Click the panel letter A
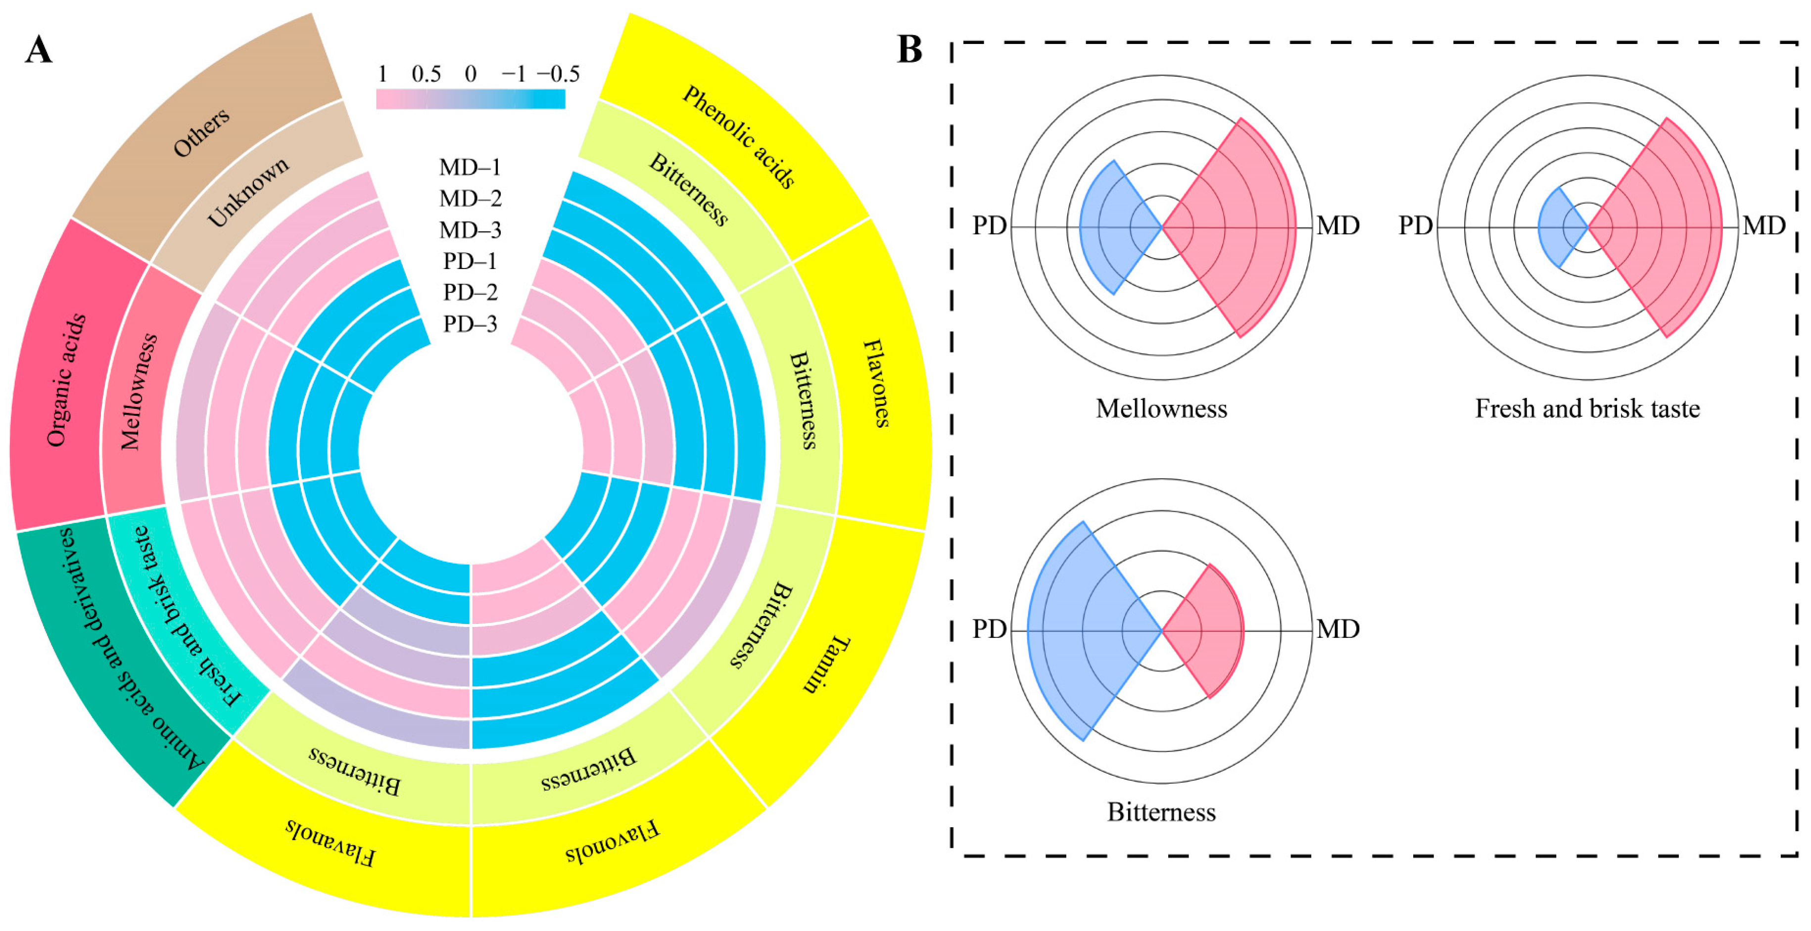point(39,50)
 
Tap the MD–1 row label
point(470,167)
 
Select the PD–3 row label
point(470,324)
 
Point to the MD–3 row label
point(470,230)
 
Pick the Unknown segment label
point(247,191)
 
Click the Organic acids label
point(66,379)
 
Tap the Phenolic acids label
point(739,137)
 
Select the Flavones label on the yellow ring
point(876,383)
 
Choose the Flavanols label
point(331,842)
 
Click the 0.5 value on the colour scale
point(426,74)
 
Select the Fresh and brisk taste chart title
point(1587,408)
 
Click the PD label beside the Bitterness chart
point(989,629)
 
